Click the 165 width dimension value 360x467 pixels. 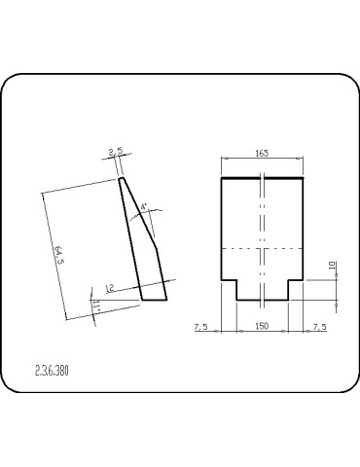coord(263,153)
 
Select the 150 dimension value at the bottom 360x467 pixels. coord(263,327)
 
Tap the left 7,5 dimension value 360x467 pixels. coord(200,327)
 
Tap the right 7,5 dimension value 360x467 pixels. coord(320,327)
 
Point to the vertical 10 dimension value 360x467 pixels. coord(332,265)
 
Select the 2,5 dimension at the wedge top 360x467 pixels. coord(116,153)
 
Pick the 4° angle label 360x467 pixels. coord(144,207)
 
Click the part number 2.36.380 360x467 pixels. coord(52,371)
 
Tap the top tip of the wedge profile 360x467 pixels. coord(121,178)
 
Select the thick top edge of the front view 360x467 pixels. coord(263,179)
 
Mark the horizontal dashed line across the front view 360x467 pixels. coord(263,250)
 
